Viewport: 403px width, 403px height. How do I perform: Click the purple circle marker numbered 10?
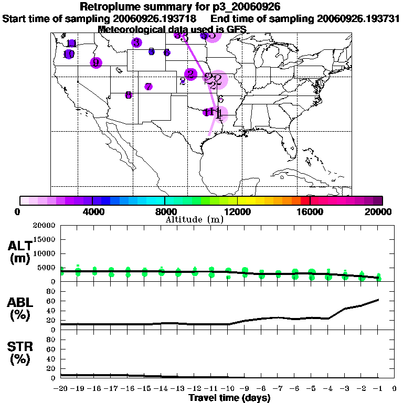click(x=69, y=54)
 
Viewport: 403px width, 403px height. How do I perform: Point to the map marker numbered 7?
click(x=149, y=87)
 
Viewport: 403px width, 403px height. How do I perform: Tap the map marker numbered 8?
click(x=128, y=95)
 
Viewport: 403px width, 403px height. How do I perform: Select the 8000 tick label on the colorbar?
click(x=165, y=211)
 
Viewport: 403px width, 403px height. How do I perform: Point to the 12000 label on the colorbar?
click(x=238, y=211)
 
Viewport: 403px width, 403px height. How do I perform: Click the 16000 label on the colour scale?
click(x=310, y=211)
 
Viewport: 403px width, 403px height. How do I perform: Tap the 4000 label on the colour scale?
click(x=92, y=211)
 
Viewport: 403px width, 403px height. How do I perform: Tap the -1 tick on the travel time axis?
click(x=378, y=389)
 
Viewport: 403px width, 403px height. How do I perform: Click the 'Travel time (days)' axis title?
click(x=229, y=398)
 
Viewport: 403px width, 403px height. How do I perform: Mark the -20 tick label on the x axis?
click(x=61, y=389)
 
